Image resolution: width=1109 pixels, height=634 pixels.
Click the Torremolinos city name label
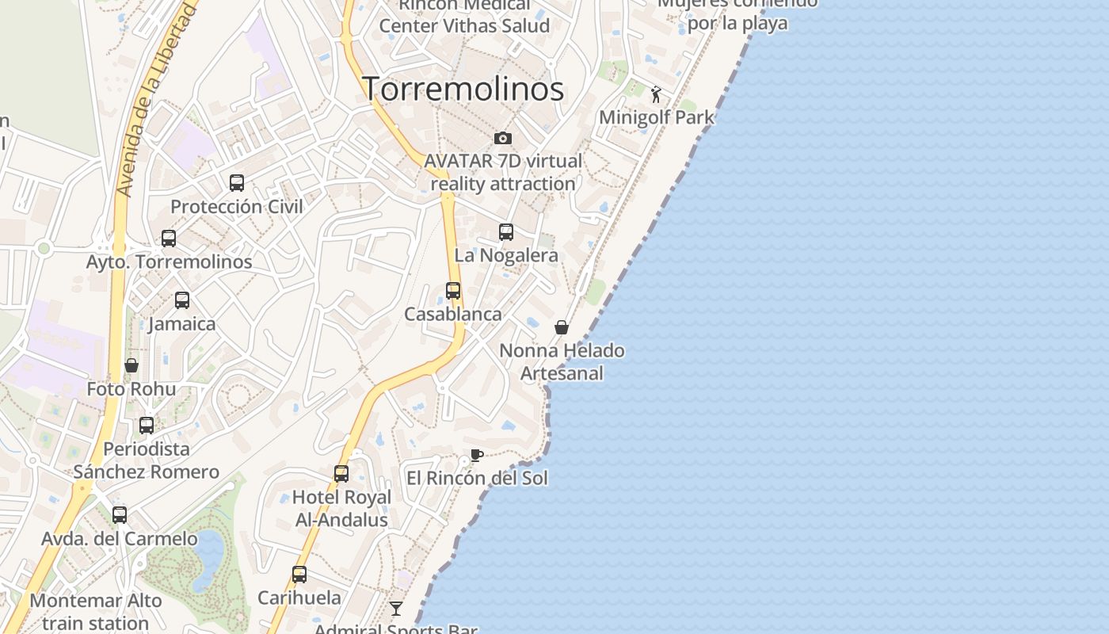[463, 89]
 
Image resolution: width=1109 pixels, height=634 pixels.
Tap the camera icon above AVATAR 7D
[503, 139]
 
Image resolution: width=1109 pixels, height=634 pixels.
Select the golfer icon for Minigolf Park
[656, 95]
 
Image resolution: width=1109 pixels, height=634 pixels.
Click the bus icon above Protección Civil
[237, 183]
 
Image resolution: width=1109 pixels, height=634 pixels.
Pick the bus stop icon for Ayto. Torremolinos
[169, 239]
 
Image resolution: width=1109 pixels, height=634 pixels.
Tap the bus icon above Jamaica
[182, 300]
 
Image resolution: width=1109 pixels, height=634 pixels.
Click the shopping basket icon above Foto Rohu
[131, 365]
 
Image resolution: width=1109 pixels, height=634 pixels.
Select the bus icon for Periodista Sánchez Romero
[147, 426]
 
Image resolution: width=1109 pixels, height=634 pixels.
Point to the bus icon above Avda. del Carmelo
[120, 515]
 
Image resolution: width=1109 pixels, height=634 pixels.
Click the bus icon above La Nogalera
[506, 232]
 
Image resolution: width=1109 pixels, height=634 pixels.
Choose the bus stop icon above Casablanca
[453, 291]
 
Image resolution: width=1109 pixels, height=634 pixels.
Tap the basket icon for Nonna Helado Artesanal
[562, 327]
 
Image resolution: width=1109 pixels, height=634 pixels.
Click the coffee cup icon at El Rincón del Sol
[476, 455]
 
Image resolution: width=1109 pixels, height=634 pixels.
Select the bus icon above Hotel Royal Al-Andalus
[341, 474]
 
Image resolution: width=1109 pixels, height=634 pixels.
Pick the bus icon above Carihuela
[299, 575]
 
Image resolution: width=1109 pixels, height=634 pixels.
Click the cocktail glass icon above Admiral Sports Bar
[396, 609]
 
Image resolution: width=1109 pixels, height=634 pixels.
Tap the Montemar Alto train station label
[96, 612]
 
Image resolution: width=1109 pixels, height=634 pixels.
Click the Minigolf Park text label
[657, 118]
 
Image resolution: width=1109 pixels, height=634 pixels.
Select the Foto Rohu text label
[131, 389]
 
